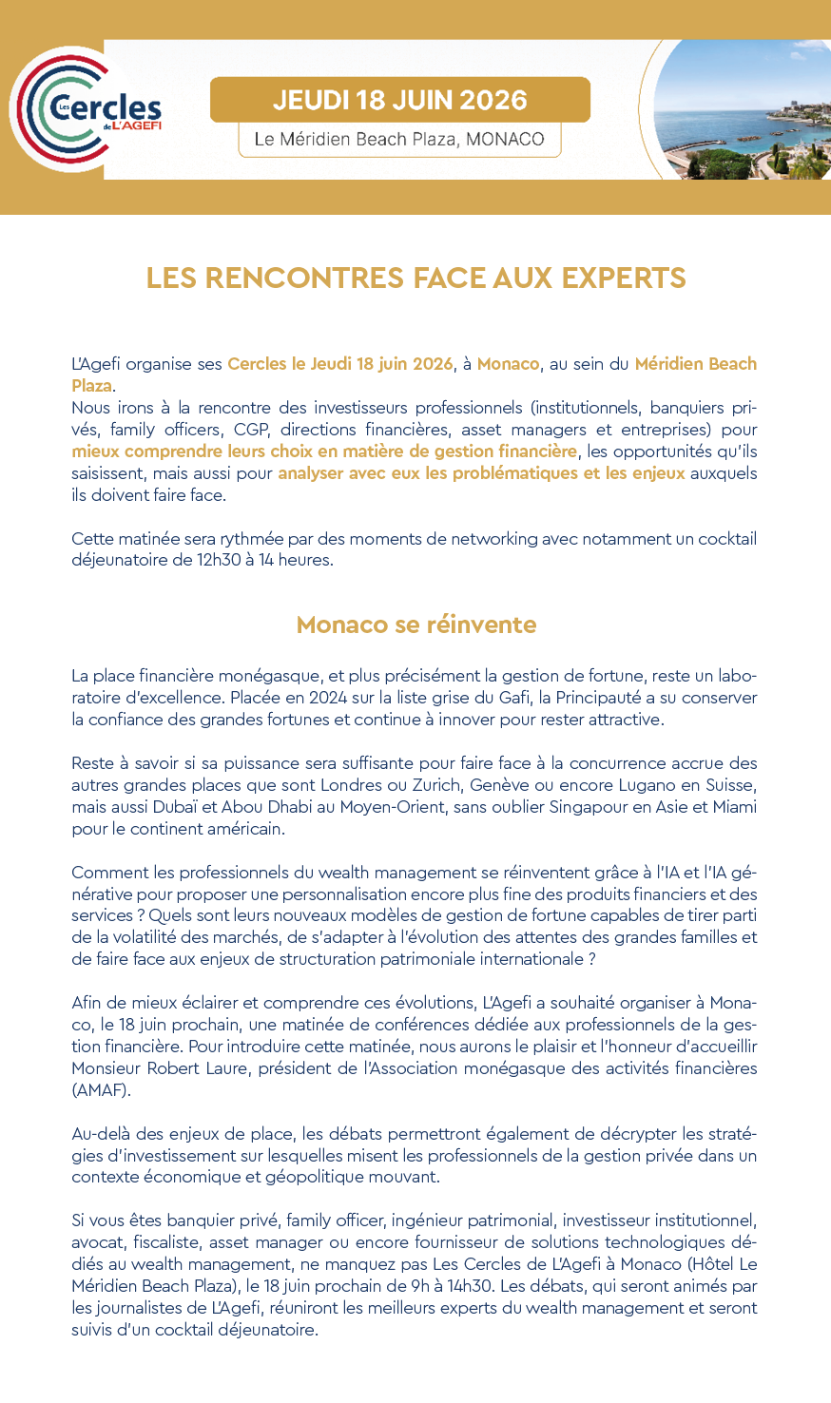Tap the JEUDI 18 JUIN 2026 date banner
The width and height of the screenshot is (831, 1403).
399,100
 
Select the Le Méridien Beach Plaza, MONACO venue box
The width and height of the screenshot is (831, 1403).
399,140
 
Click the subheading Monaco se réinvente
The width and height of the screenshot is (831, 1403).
415,625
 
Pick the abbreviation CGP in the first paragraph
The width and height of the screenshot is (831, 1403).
250,430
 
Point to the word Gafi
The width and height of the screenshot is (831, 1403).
512,698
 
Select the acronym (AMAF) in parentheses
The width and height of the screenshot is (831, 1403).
101,1090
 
